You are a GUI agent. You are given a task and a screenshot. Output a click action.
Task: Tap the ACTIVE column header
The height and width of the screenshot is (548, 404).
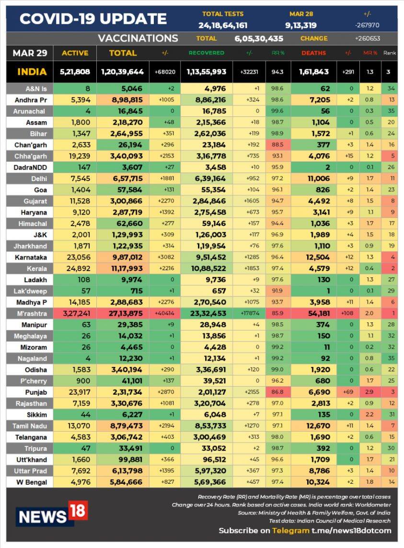click(x=75, y=53)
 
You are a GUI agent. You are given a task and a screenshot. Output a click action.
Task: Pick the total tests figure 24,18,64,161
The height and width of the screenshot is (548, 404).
click(x=223, y=25)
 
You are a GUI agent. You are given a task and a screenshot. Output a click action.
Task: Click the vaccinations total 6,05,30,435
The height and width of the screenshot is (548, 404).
click(x=258, y=39)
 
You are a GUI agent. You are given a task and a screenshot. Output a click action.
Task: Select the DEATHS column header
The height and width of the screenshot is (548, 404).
click(x=313, y=53)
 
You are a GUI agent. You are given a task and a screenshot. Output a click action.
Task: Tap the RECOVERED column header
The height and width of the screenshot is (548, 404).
click(x=207, y=53)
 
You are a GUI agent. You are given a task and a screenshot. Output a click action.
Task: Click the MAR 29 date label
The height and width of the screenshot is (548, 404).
click(x=30, y=53)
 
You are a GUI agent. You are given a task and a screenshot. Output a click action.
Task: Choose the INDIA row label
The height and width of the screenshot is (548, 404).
click(x=32, y=72)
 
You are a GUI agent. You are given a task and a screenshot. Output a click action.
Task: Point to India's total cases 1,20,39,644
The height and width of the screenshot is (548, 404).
click(x=122, y=72)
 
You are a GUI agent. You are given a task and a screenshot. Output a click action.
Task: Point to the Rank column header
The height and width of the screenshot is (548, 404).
click(x=389, y=53)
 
